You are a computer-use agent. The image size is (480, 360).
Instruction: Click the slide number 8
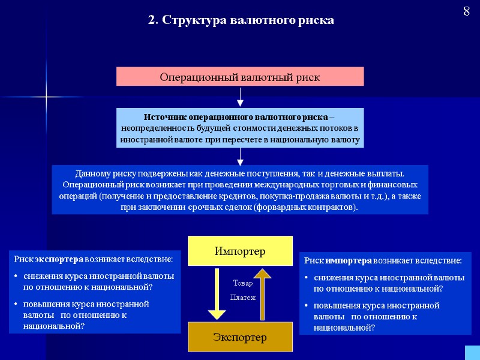(466, 11)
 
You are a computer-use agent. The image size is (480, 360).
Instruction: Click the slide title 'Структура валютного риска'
(241, 20)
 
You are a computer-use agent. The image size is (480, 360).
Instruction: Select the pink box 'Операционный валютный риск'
(239, 77)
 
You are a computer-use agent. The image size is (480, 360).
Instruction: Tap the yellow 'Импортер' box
(240, 251)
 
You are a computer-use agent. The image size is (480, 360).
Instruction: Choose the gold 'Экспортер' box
(240, 337)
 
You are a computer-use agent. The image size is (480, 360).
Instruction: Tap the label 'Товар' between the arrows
(243, 283)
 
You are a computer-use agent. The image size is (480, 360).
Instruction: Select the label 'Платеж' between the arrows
(243, 297)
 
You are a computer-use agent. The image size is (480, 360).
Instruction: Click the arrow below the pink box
(240, 97)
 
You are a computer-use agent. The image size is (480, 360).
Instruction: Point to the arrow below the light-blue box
(240, 156)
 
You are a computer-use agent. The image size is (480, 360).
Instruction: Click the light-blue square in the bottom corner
(472, 352)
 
